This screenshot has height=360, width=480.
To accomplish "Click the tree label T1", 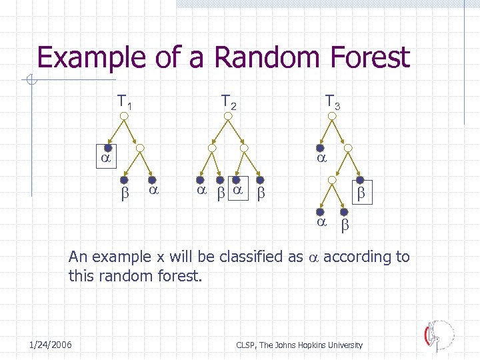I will pyautogui.click(x=125, y=103).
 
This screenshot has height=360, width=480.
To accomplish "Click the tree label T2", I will pyautogui.click(x=229, y=103).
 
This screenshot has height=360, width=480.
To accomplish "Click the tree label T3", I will pyautogui.click(x=332, y=103).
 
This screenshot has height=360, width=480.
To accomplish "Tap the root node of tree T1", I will pyautogui.click(x=125, y=117).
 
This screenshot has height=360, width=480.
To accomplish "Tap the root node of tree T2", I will pyautogui.click(x=228, y=117).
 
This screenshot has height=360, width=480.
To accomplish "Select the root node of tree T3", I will pyautogui.click(x=331, y=117).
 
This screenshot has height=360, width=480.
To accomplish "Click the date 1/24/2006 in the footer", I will pyautogui.click(x=51, y=344).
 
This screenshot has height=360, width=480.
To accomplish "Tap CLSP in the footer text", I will pyautogui.click(x=245, y=345).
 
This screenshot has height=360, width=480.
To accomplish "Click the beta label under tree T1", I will pyautogui.click(x=123, y=194).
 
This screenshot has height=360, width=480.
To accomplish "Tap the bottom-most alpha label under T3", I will pyautogui.click(x=321, y=222).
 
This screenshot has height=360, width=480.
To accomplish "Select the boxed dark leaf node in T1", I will pyautogui.click(x=98, y=148).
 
